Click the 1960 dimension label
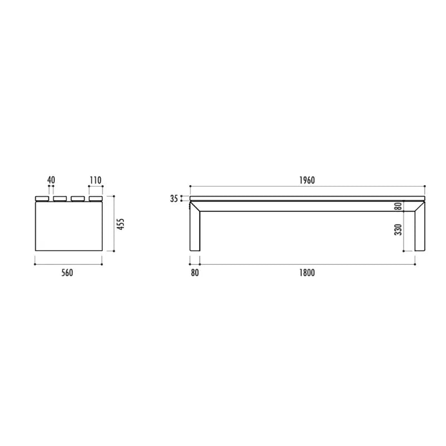click(307, 180)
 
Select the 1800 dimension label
click(307, 273)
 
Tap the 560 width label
click(67, 273)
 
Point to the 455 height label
click(120, 224)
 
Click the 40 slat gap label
click(51, 180)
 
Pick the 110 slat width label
click(95, 180)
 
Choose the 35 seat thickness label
click(174, 198)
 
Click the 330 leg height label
click(398, 230)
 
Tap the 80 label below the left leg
click(195, 273)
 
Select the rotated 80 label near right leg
click(399, 206)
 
